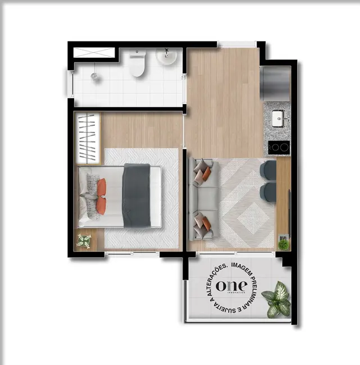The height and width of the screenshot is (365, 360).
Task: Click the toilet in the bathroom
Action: click(x=138, y=63)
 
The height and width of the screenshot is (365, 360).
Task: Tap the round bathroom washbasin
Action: click(x=167, y=57)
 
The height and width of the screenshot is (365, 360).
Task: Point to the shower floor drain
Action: click(x=94, y=76)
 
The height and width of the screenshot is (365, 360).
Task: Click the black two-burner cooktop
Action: click(x=279, y=147)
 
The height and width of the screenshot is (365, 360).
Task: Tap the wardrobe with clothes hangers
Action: click(x=88, y=138)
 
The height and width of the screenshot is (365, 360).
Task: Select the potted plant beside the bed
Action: click(x=84, y=241)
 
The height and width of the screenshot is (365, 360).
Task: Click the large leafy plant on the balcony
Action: click(x=277, y=299)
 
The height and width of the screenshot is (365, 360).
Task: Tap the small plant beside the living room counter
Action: click(x=284, y=244)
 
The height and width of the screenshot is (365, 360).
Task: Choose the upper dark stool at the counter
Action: click(x=269, y=170)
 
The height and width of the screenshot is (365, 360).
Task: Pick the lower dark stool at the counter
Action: click(x=269, y=192)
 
